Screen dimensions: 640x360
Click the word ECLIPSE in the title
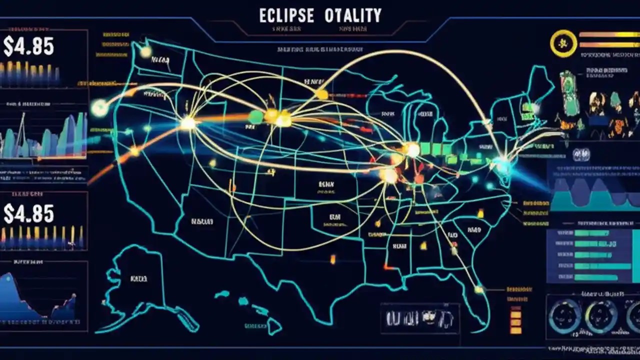click(286, 15)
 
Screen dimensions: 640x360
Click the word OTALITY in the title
click(352, 15)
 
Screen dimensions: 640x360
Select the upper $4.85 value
click(28, 46)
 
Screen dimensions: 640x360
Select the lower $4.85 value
click(28, 213)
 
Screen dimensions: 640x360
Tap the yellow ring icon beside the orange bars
click(563, 43)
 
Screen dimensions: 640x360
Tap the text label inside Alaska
click(138, 278)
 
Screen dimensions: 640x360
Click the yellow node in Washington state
click(145, 52)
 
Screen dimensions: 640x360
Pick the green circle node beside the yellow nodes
click(256, 116)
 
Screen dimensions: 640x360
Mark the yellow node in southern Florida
click(479, 289)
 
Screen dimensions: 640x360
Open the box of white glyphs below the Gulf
click(419, 318)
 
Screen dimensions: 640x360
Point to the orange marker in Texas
click(332, 258)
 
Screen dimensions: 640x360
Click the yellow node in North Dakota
click(321, 94)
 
